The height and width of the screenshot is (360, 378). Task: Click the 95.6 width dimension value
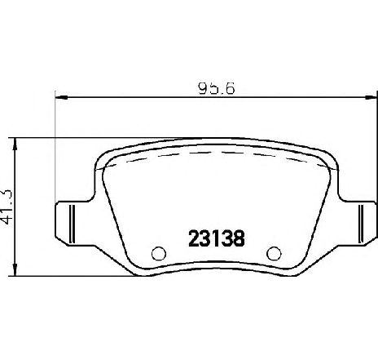(x=216, y=88)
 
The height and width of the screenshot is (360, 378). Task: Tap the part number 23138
(x=217, y=238)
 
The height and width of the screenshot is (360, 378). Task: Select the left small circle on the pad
(x=159, y=254)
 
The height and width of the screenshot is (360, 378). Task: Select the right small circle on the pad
(x=274, y=254)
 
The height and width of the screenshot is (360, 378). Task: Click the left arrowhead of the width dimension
(x=61, y=97)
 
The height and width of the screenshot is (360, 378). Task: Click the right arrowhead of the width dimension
(x=371, y=97)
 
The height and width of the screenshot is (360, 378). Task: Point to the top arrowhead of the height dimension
(x=15, y=144)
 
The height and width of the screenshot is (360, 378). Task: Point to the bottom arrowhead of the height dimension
(x=15, y=270)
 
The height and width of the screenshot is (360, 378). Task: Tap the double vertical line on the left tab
(x=73, y=224)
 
